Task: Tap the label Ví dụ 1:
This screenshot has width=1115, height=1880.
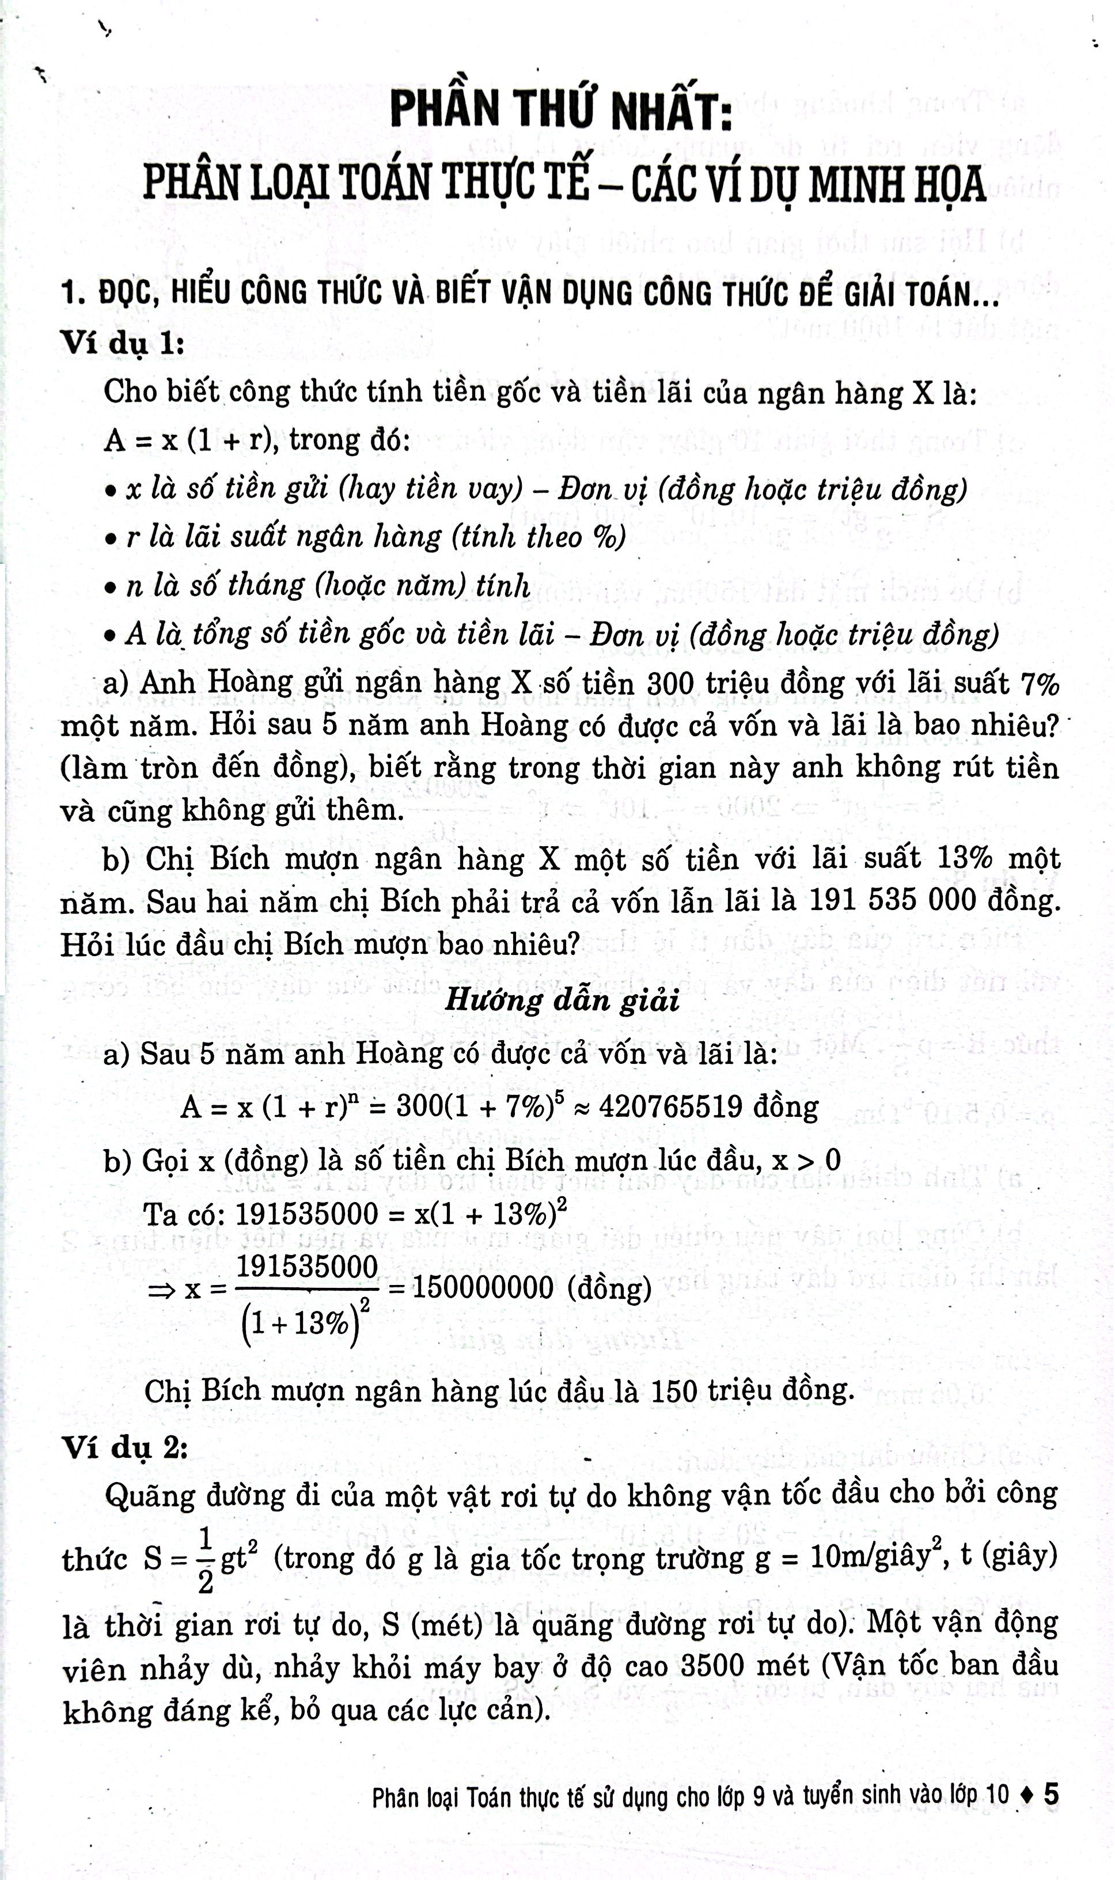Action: coord(123,343)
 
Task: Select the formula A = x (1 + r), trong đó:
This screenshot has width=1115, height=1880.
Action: coord(257,439)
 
